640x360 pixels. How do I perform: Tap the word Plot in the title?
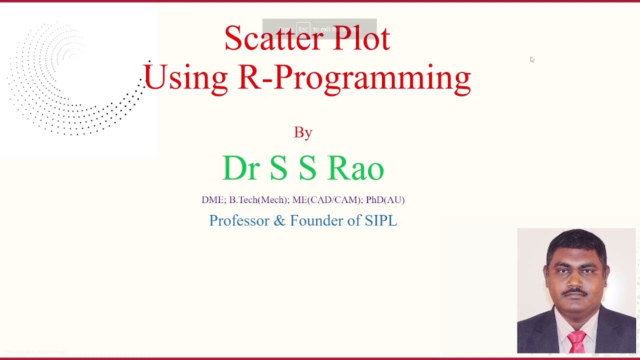[361, 38]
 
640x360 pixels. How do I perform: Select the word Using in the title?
[185, 78]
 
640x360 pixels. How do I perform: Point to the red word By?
[303, 132]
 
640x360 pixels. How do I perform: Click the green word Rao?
[355, 168]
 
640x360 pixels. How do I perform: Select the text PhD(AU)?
[385, 200]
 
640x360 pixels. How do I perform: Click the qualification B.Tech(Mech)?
[258, 200]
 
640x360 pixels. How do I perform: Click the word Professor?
[239, 220]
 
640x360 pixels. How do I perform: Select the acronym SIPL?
[380, 220]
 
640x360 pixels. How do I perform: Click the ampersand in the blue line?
[279, 220]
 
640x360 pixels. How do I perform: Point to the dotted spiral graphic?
[75, 80]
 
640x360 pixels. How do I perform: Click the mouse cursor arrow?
[532, 59]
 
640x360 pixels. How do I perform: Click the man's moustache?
[574, 291]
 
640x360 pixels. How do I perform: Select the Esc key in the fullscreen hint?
[303, 29]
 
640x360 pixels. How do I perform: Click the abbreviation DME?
[212, 200]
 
